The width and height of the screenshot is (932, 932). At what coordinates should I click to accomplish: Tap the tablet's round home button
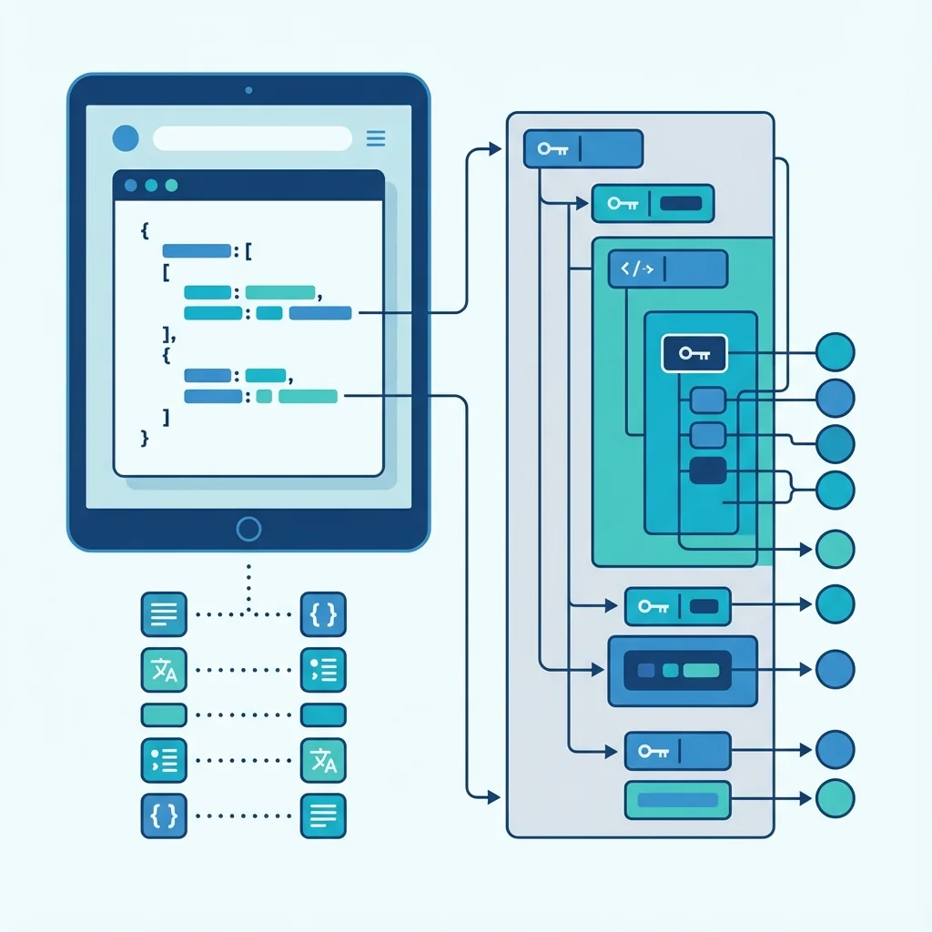click(248, 529)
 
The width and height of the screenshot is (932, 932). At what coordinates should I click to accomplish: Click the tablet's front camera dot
click(248, 90)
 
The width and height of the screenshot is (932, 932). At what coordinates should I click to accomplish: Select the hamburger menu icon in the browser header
click(375, 138)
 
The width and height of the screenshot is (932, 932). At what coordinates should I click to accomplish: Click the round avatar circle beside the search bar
click(126, 138)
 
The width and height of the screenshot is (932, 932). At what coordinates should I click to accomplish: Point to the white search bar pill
click(252, 138)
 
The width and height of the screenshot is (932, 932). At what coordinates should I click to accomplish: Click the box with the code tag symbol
click(668, 269)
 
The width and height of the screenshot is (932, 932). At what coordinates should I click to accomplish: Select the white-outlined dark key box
click(694, 353)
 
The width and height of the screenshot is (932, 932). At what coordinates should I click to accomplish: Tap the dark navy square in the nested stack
click(708, 471)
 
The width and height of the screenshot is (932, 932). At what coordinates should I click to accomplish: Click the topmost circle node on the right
click(836, 352)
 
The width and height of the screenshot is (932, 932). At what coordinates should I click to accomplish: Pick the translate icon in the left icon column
click(164, 670)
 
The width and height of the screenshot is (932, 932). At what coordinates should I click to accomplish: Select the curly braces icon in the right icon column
click(323, 614)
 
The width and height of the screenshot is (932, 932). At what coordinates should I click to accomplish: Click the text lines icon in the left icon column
click(164, 614)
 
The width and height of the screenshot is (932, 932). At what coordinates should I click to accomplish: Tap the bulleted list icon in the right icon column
click(323, 670)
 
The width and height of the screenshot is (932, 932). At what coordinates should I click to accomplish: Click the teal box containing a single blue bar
click(678, 800)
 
